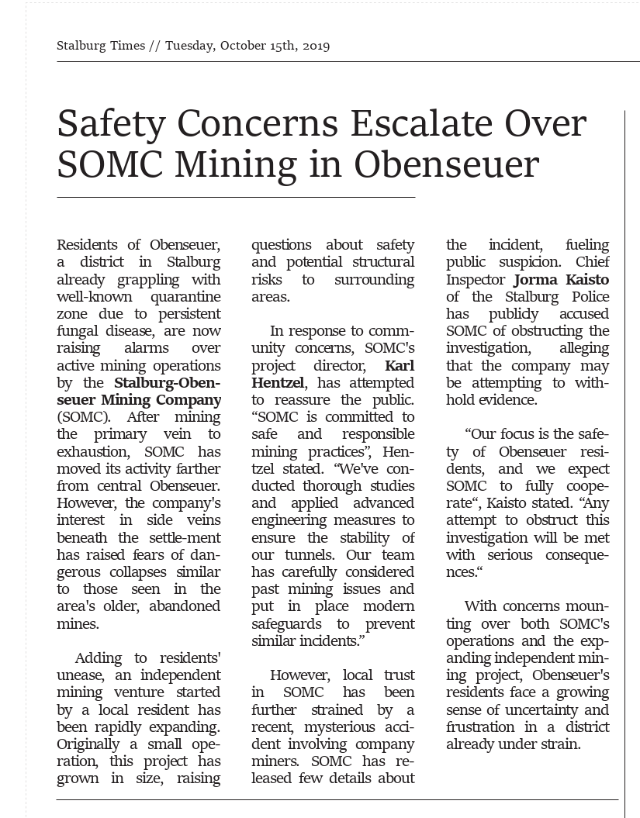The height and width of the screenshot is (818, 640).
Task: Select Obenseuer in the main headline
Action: click(448, 164)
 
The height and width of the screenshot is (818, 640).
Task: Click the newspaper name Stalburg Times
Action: click(101, 46)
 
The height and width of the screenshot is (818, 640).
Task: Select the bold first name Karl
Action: click(400, 365)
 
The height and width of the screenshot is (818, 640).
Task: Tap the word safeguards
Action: click(288, 623)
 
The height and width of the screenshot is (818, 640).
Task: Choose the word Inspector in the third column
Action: click(476, 279)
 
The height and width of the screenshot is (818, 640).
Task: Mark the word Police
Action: click(589, 297)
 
